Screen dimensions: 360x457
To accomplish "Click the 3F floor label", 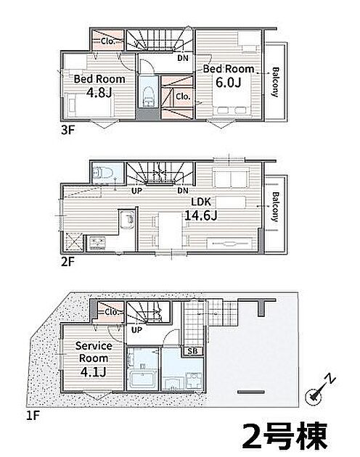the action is [x=67, y=130].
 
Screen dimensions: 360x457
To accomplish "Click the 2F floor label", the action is [x=67, y=262].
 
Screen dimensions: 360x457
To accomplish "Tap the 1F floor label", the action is [x=33, y=416].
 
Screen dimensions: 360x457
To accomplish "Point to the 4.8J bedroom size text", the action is [x=99, y=93].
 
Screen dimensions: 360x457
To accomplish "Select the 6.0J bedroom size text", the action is [x=229, y=83].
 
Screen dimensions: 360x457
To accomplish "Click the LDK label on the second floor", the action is [x=201, y=202].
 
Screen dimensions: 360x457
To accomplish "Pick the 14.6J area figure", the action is [x=201, y=215].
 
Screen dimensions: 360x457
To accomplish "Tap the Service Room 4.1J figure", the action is [x=94, y=372].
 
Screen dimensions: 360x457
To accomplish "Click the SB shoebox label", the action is [x=192, y=351].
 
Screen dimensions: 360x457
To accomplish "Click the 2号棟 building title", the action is [x=285, y=435].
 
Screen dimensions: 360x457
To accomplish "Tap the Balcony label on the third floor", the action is [x=275, y=82].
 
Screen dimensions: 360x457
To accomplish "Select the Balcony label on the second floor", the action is [x=275, y=207].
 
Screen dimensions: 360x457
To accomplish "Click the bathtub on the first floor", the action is [x=143, y=380].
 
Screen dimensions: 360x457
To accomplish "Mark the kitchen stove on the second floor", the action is [x=97, y=243].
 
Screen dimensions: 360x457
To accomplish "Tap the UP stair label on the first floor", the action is [x=136, y=330].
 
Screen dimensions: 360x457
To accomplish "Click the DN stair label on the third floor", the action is [x=183, y=58].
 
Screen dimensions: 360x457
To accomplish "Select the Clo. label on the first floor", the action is [x=112, y=312].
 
